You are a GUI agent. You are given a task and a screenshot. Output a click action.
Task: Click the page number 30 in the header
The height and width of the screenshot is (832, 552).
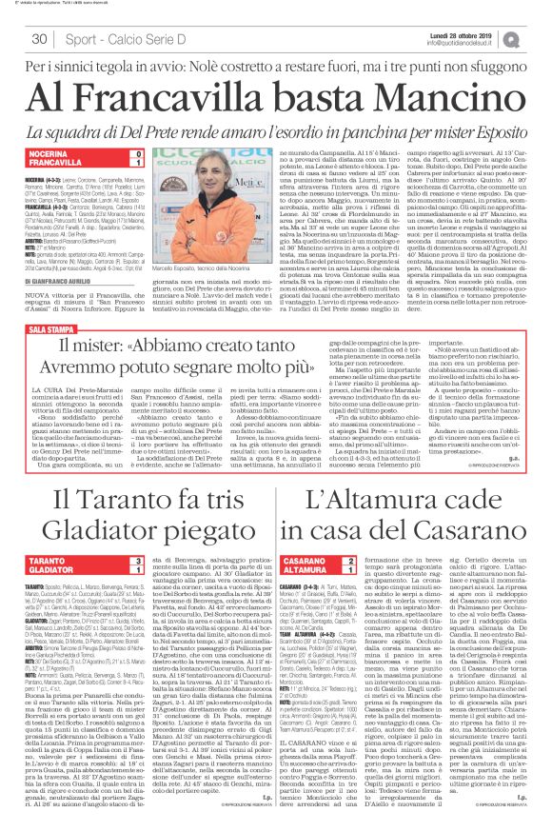tap(40, 39)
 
